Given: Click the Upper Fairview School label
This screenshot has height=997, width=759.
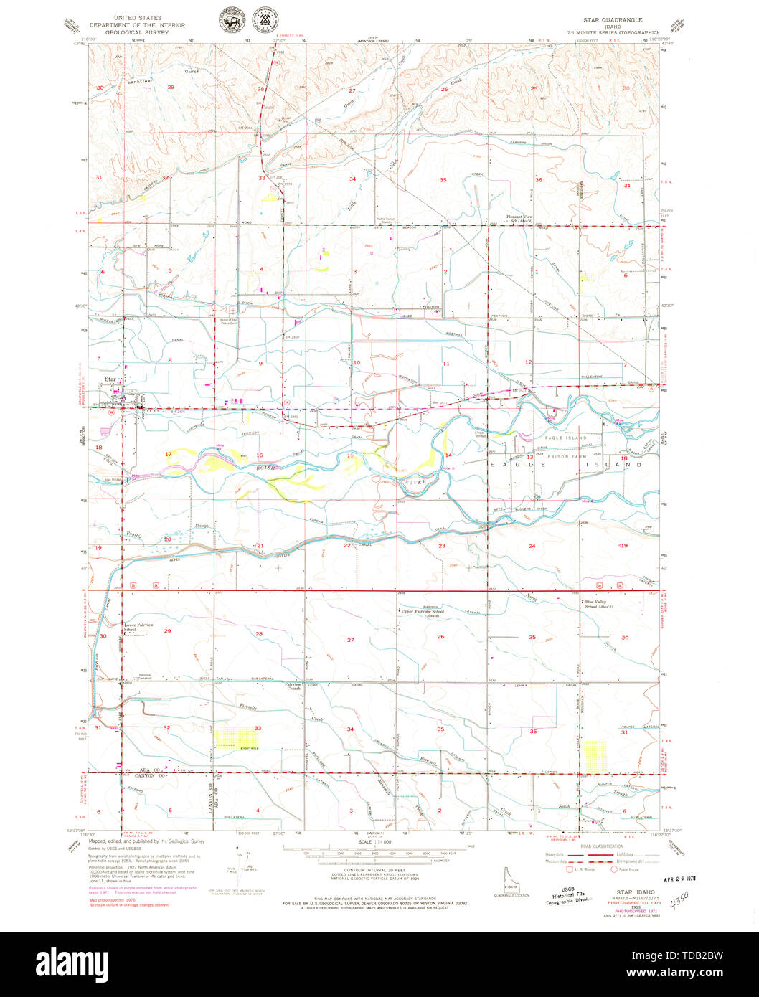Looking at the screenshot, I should [x=423, y=612].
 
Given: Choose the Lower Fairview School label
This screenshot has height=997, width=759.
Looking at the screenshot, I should [x=140, y=627].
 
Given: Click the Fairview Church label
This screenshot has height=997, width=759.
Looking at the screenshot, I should [x=294, y=686].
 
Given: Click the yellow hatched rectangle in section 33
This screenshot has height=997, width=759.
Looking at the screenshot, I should [x=237, y=737].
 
